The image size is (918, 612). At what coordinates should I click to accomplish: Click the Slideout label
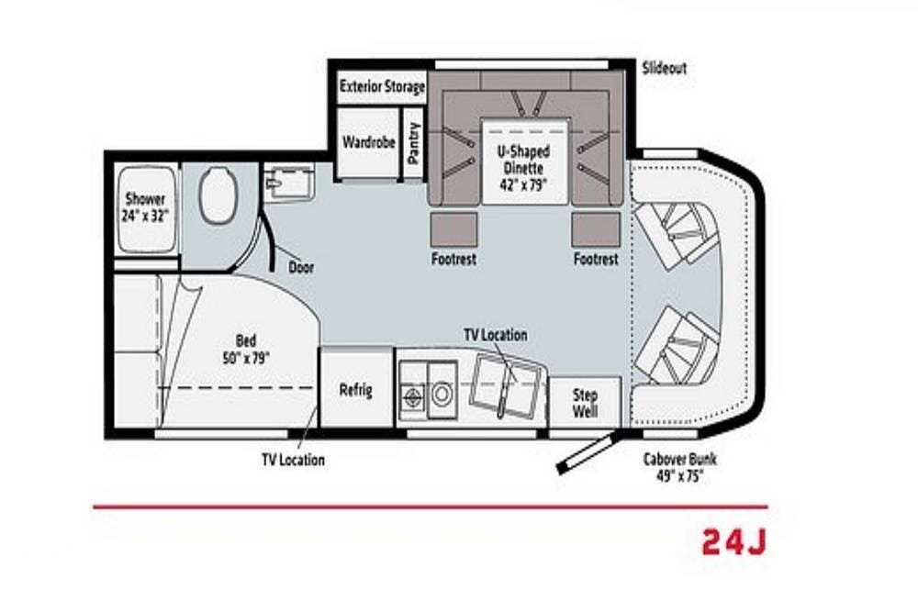(x=664, y=68)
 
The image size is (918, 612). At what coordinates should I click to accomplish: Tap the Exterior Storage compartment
(x=382, y=86)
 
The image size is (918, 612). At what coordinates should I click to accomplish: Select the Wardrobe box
(x=369, y=142)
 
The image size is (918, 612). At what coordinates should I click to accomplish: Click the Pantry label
(x=414, y=142)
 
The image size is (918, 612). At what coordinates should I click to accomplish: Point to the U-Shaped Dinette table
(x=524, y=161)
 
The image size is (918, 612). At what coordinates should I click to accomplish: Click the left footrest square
(x=453, y=228)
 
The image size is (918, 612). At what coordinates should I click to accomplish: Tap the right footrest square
(x=596, y=228)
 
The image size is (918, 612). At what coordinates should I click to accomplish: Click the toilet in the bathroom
(x=218, y=195)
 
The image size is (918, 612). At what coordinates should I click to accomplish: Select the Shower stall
(x=146, y=209)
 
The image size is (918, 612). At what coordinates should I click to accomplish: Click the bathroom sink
(x=288, y=183)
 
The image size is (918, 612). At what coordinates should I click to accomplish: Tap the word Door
(x=301, y=267)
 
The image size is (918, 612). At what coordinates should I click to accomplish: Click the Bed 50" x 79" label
(x=246, y=350)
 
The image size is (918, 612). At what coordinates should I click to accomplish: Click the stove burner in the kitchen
(x=412, y=395)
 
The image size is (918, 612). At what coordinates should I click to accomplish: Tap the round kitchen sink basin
(x=442, y=394)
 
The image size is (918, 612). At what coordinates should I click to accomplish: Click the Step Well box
(x=584, y=403)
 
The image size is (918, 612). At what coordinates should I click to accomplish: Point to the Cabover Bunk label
(x=679, y=467)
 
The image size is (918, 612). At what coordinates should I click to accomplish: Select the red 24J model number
(x=733, y=541)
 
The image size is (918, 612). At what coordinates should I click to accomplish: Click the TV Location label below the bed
(x=294, y=460)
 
